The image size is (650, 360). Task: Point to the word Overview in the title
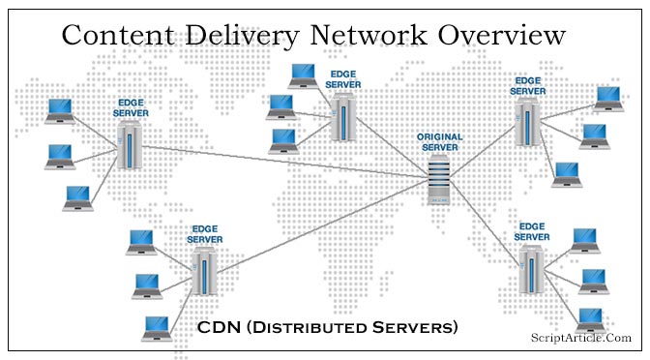504,35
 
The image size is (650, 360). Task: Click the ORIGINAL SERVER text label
439,142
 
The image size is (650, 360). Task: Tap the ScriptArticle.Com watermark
581,337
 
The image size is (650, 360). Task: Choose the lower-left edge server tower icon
204,271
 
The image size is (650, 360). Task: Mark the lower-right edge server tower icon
530,269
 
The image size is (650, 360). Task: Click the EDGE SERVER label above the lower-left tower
204,234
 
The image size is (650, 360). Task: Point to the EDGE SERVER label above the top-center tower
342,79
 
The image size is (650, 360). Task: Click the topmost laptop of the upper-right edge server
608,97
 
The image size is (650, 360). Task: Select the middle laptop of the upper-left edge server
60,156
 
